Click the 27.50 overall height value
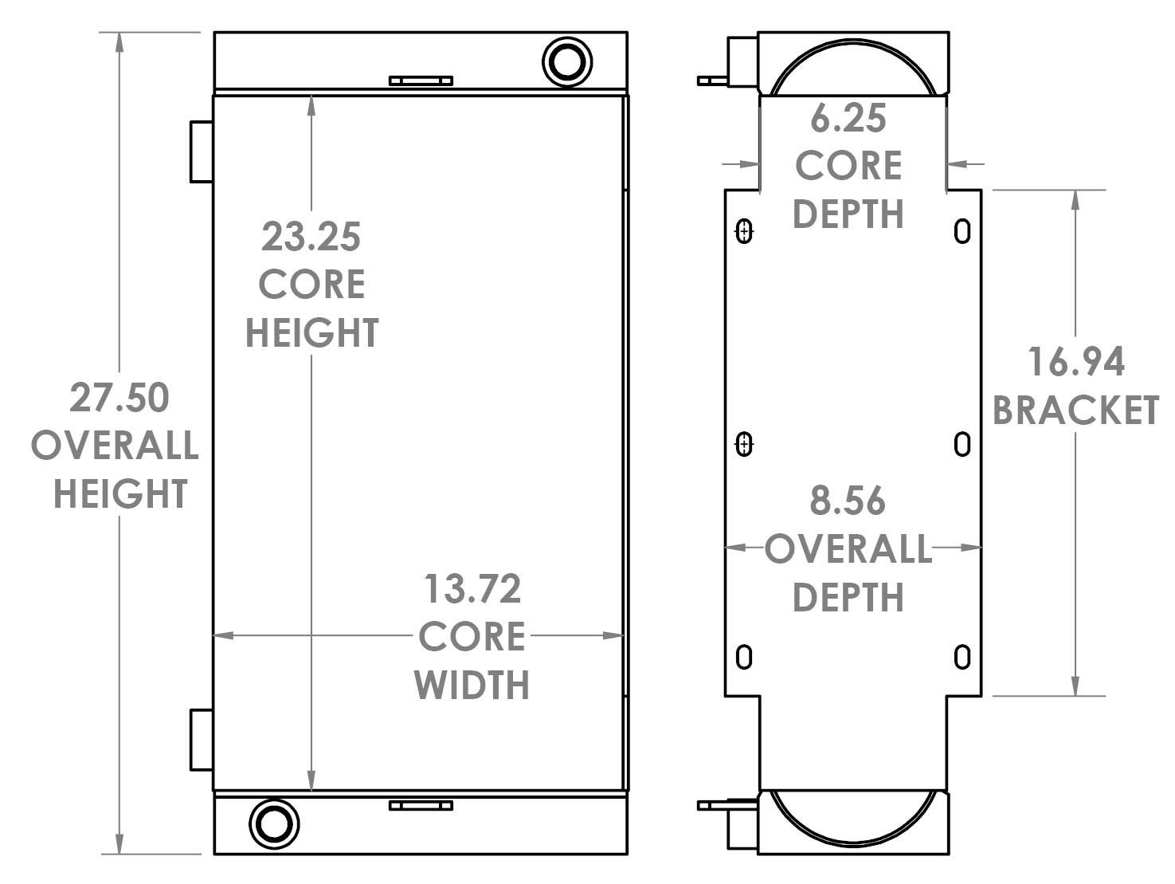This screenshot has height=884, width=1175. click(x=119, y=398)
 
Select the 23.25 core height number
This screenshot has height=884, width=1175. click(x=311, y=237)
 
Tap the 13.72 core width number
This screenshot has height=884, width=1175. click(x=472, y=589)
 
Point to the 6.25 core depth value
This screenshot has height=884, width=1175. click(x=848, y=119)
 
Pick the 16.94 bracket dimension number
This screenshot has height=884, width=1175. click(x=1075, y=362)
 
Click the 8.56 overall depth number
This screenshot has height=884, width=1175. click(x=848, y=501)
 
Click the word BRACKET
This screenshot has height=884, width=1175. click(x=1075, y=411)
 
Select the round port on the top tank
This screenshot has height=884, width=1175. click(x=567, y=60)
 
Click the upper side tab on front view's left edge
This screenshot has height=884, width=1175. click(x=202, y=151)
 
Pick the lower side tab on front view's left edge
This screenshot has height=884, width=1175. click(x=202, y=739)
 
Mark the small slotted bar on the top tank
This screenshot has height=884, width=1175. click(x=421, y=81)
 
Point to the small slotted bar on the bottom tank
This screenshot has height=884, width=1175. click(x=421, y=806)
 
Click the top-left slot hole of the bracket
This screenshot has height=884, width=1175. click(x=744, y=231)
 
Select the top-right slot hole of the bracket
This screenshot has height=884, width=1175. click(x=962, y=231)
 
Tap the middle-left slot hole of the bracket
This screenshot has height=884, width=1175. click(x=744, y=444)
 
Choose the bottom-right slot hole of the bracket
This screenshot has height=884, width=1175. click(x=962, y=657)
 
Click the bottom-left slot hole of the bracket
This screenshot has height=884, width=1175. click(x=744, y=657)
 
